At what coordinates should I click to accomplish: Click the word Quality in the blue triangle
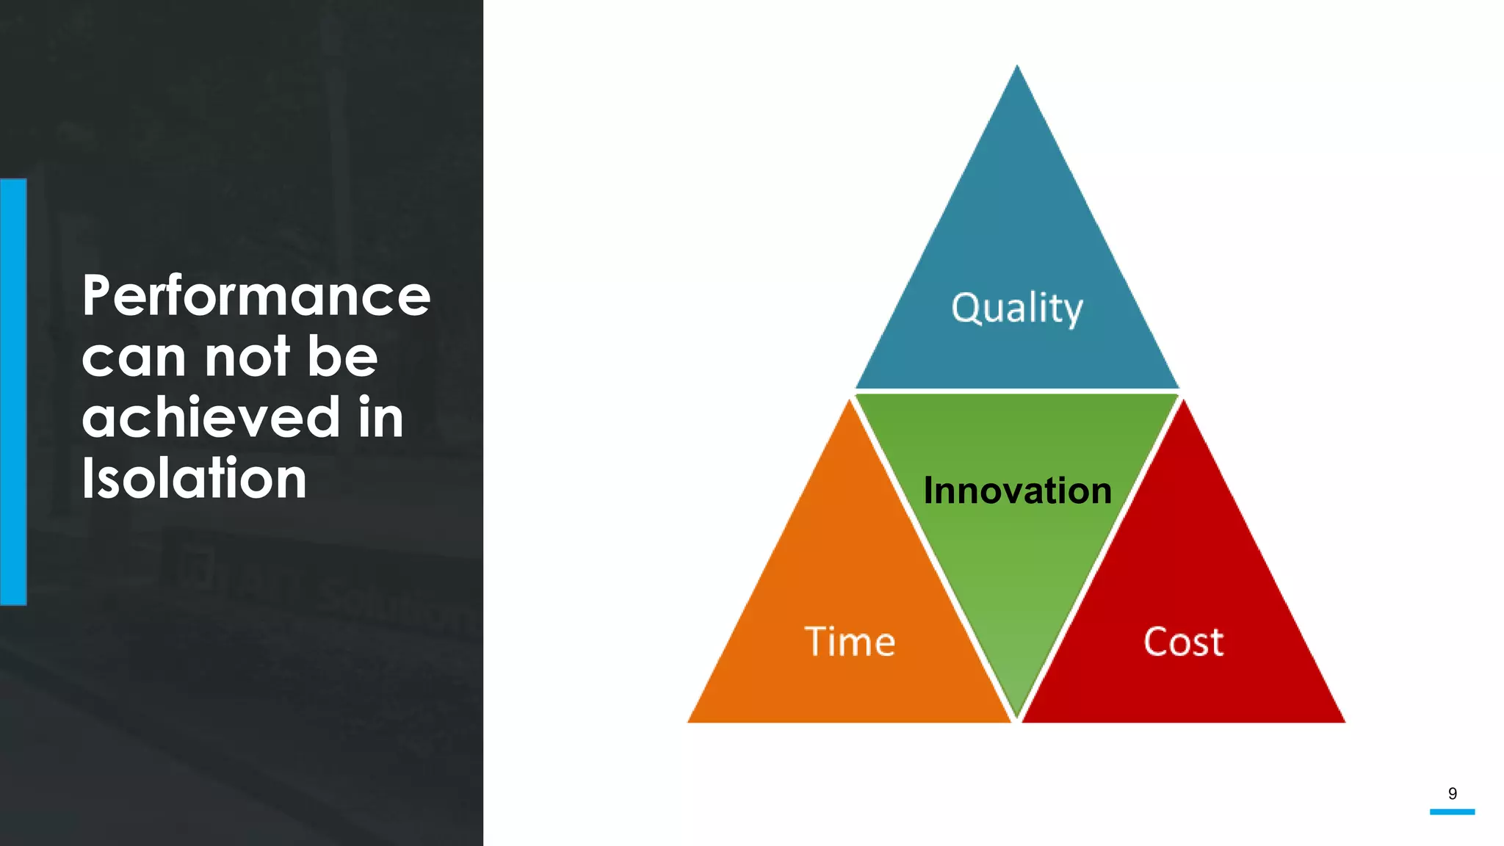[1017, 308]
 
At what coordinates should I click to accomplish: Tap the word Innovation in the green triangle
[1017, 491]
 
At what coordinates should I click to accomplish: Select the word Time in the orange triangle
[850, 642]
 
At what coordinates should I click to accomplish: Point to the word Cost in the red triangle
[1183, 642]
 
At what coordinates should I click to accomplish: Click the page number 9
[1452, 793]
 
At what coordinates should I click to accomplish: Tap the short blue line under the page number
[1452, 811]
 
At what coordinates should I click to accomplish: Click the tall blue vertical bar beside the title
[13, 391]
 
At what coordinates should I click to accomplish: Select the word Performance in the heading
[256, 296]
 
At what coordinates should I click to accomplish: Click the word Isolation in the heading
[194, 479]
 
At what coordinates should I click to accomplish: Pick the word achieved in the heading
[211, 417]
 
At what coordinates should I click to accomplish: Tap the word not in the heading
[247, 357]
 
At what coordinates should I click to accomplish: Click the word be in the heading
[342, 356]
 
